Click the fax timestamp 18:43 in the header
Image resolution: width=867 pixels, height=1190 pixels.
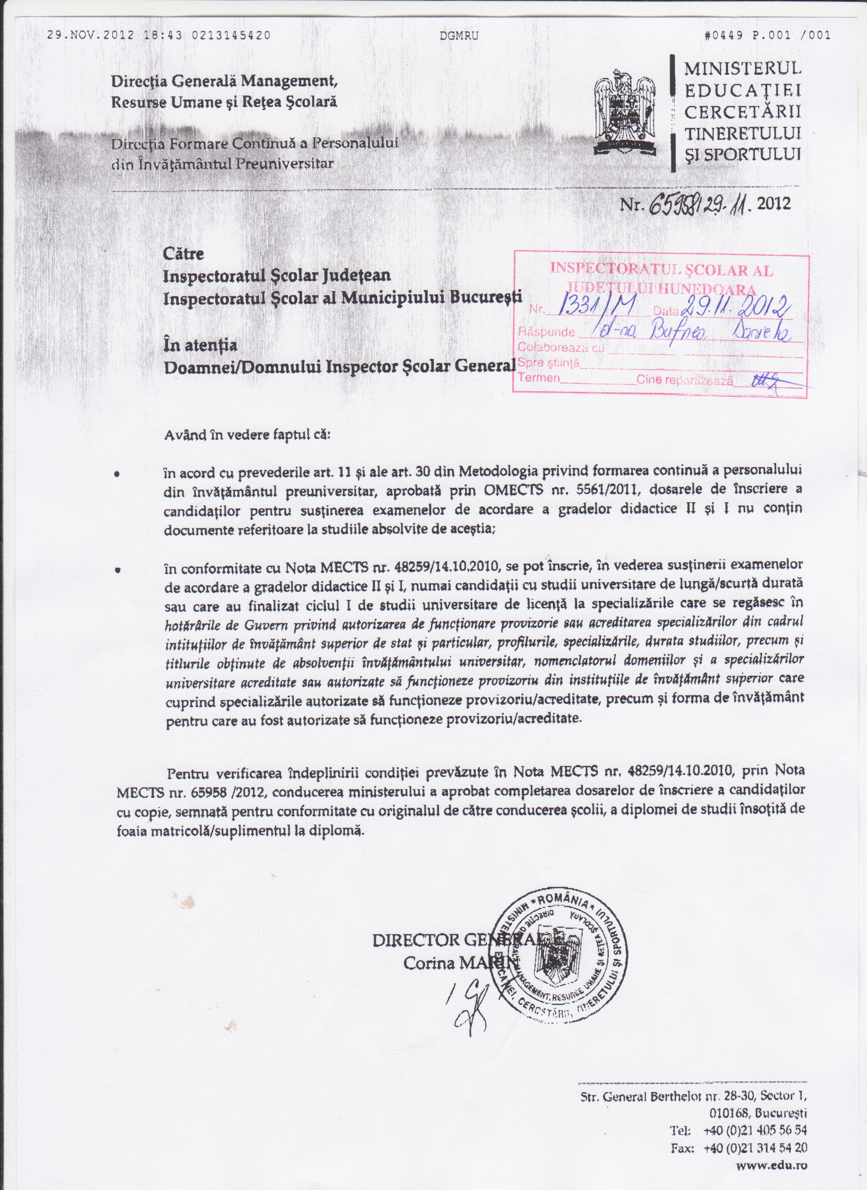(160, 36)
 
